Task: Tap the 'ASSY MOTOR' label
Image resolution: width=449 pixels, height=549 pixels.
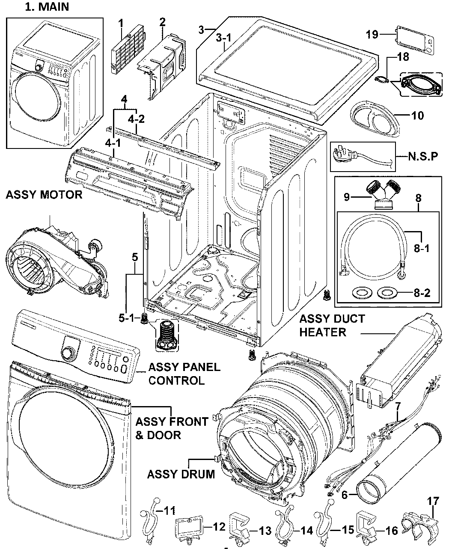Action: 44,195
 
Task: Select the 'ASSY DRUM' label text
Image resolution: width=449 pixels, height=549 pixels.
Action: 181,474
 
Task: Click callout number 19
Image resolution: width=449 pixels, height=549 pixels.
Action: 372,34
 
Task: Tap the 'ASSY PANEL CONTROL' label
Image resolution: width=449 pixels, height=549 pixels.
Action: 184,374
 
